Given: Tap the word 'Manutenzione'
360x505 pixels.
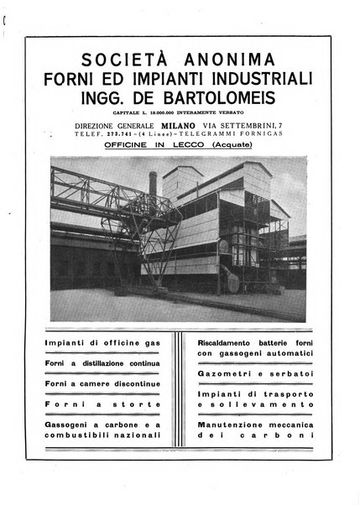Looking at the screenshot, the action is coord(217,427).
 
